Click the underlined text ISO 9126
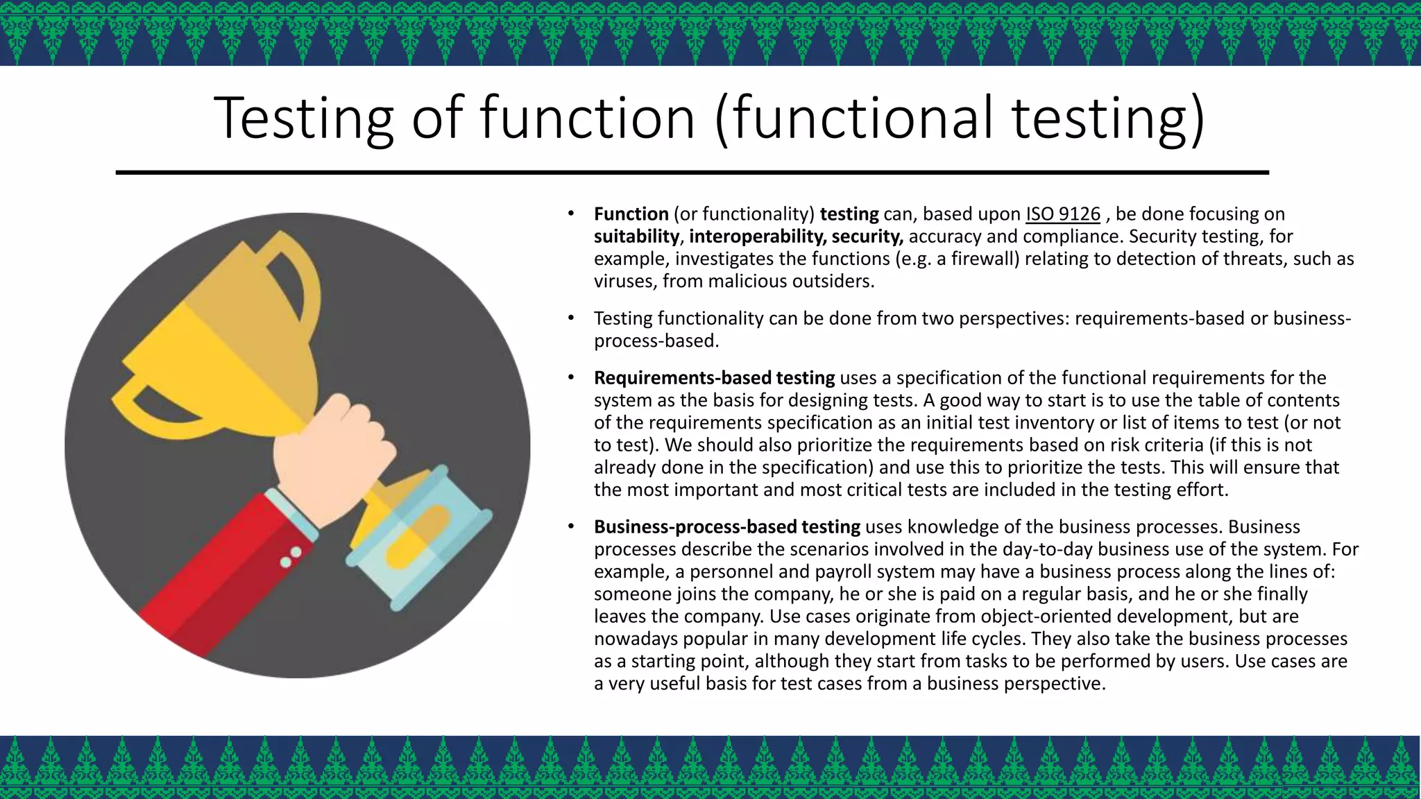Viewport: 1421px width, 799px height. (x=1062, y=214)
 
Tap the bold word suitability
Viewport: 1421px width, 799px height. (x=636, y=237)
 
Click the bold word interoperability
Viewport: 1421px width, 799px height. (x=757, y=237)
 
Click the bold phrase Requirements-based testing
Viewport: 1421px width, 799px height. (x=714, y=378)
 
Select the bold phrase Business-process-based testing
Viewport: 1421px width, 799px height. (x=726, y=527)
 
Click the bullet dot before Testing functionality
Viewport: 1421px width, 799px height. (x=571, y=318)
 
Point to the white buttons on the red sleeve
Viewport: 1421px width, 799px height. (x=290, y=557)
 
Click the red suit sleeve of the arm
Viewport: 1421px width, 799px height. (x=222, y=576)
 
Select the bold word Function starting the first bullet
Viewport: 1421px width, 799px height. (x=631, y=214)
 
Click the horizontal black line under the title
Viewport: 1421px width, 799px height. (x=692, y=172)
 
